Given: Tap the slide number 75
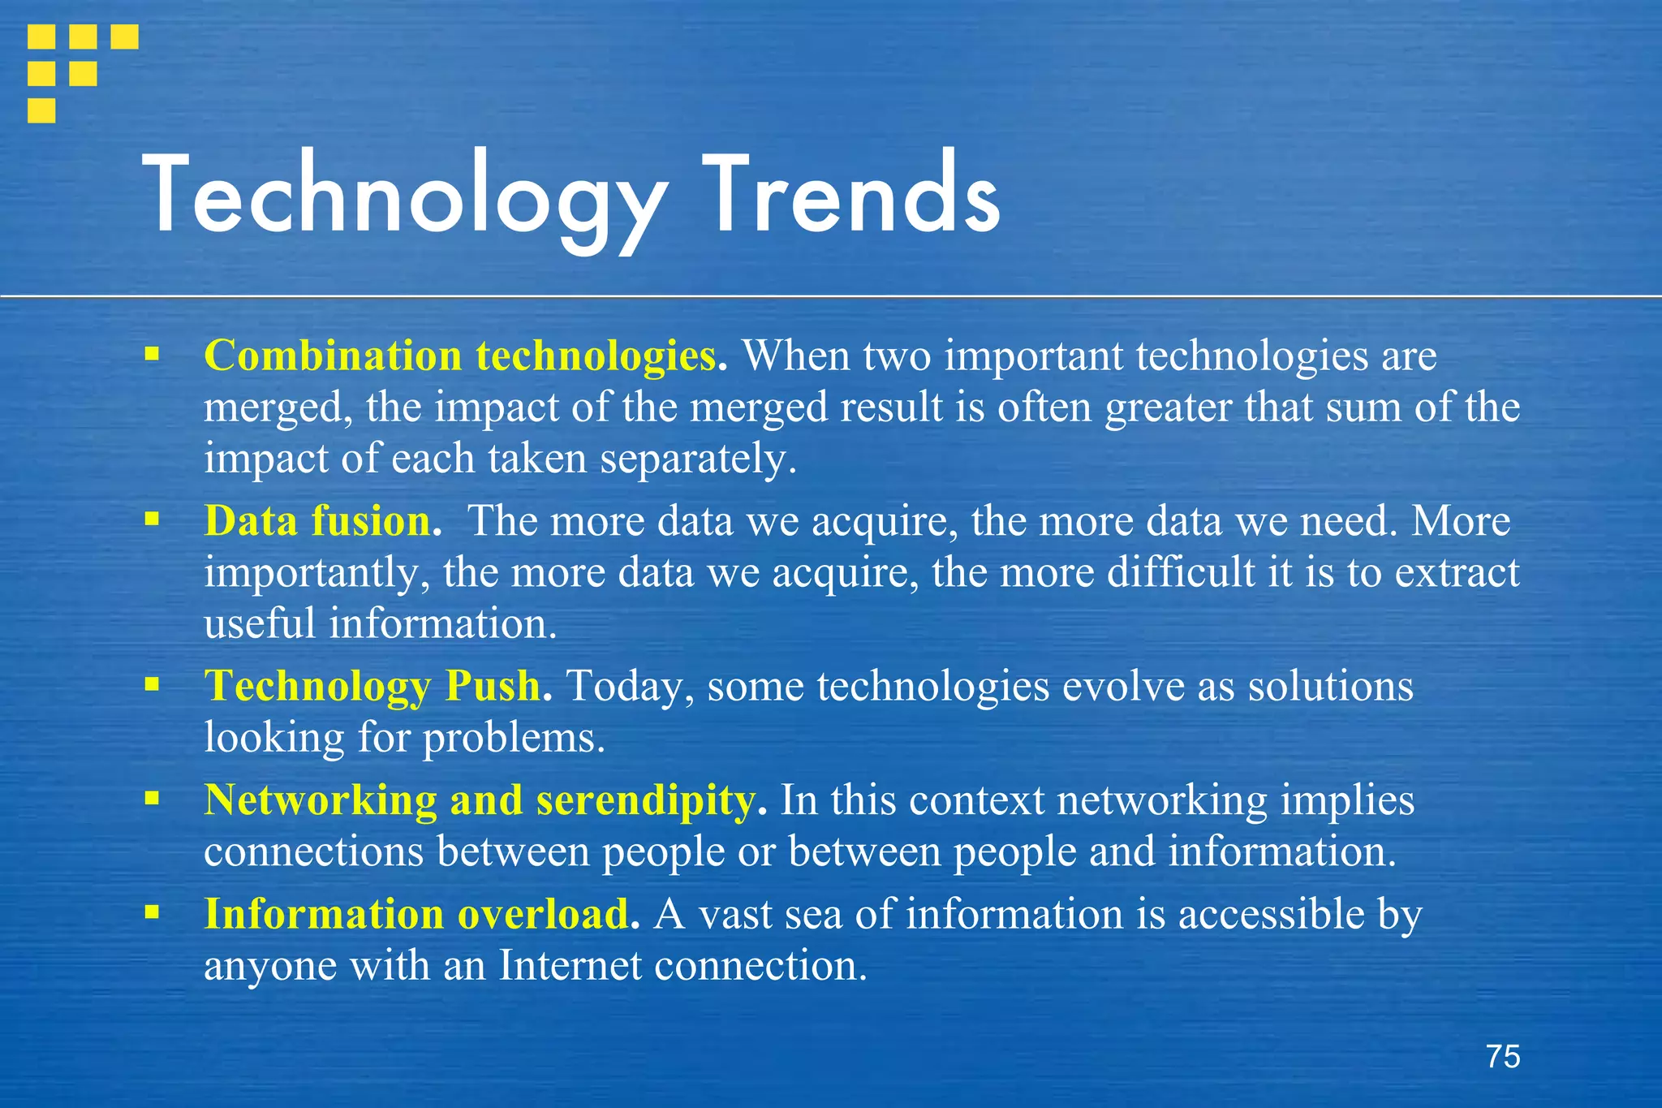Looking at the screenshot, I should [1503, 1057].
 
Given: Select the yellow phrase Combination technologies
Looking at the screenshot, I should [461, 356].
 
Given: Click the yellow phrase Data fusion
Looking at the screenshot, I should [317, 521].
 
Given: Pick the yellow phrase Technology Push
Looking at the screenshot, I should [372, 686].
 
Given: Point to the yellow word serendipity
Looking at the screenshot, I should [646, 800].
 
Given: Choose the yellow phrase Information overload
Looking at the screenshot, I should [416, 914].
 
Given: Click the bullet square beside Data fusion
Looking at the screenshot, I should [152, 519].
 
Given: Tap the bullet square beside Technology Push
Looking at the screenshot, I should [152, 684].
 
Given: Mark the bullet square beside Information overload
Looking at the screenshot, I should [152, 912].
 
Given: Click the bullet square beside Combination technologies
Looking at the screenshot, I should [152, 354].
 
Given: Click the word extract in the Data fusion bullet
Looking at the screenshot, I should [1457, 572].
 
